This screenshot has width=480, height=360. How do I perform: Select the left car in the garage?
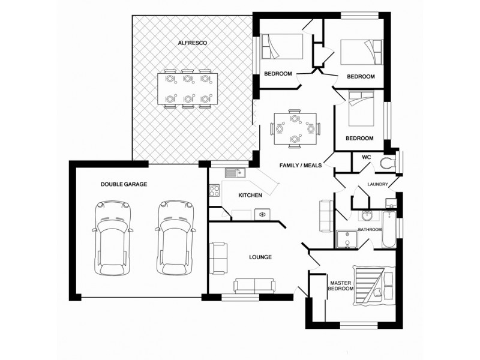[113, 236]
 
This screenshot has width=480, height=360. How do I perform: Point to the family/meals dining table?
[294, 128]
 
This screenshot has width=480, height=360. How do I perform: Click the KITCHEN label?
[250, 196]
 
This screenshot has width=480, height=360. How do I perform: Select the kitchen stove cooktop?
[214, 192]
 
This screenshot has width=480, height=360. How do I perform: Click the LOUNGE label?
[260, 257]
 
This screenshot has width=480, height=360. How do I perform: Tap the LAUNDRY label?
[378, 184]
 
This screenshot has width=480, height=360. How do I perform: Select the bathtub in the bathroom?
[389, 231]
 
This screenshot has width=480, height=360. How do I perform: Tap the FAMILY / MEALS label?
[301, 164]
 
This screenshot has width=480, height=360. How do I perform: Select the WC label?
[367, 157]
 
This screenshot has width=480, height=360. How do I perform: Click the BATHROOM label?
[370, 229]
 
